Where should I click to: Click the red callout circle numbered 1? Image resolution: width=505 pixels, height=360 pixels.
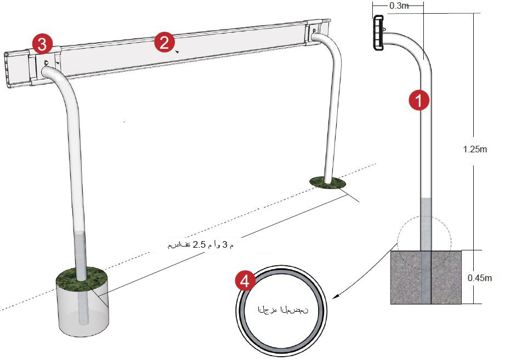pyautogui.click(x=419, y=100)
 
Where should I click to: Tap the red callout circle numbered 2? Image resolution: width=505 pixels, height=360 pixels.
pyautogui.click(x=164, y=43)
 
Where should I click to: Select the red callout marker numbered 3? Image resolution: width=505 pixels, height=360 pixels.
pyautogui.click(x=42, y=44)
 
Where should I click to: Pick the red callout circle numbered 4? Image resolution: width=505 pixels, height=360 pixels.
pyautogui.click(x=245, y=281)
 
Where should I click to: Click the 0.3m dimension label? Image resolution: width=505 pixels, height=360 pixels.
pyautogui.click(x=399, y=6)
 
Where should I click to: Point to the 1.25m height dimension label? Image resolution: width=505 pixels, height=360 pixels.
pyautogui.click(x=475, y=149)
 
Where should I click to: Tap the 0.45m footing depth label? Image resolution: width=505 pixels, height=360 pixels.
pyautogui.click(x=480, y=278)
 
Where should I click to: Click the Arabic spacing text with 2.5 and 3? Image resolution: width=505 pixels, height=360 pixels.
pyautogui.click(x=200, y=245)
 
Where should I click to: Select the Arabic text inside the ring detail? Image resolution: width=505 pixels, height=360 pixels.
pyautogui.click(x=282, y=310)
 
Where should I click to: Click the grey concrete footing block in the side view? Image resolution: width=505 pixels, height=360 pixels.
pyautogui.click(x=426, y=277)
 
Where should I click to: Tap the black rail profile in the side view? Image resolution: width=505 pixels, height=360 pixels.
pyautogui.click(x=378, y=32)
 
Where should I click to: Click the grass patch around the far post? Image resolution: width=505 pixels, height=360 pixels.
pyautogui.click(x=327, y=182)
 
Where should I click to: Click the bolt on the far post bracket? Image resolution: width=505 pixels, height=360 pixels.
pyautogui.click(x=315, y=31)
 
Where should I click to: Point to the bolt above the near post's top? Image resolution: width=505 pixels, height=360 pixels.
pyautogui.click(x=47, y=62)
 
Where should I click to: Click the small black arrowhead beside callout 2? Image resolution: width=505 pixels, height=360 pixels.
pyautogui.click(x=176, y=52)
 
